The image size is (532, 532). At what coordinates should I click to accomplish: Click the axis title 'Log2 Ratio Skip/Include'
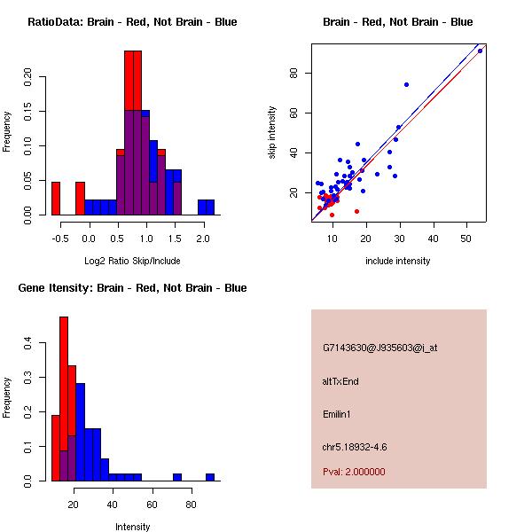132,260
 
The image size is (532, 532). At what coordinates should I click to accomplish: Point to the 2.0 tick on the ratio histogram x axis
204,239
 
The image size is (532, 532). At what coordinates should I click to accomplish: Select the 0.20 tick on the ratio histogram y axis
27,76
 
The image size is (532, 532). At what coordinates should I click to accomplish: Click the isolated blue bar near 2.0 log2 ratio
206,207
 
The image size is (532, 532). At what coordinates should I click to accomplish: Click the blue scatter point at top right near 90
480,51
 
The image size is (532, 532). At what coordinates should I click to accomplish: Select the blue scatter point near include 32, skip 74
406,85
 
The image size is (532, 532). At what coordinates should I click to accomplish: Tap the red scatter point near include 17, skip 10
356,211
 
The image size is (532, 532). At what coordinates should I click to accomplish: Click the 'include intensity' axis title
398,261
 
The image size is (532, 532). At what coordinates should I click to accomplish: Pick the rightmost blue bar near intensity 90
210,477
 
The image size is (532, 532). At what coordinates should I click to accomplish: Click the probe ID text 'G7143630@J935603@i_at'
380,348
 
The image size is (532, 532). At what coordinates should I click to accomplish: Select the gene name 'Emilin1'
338,414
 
